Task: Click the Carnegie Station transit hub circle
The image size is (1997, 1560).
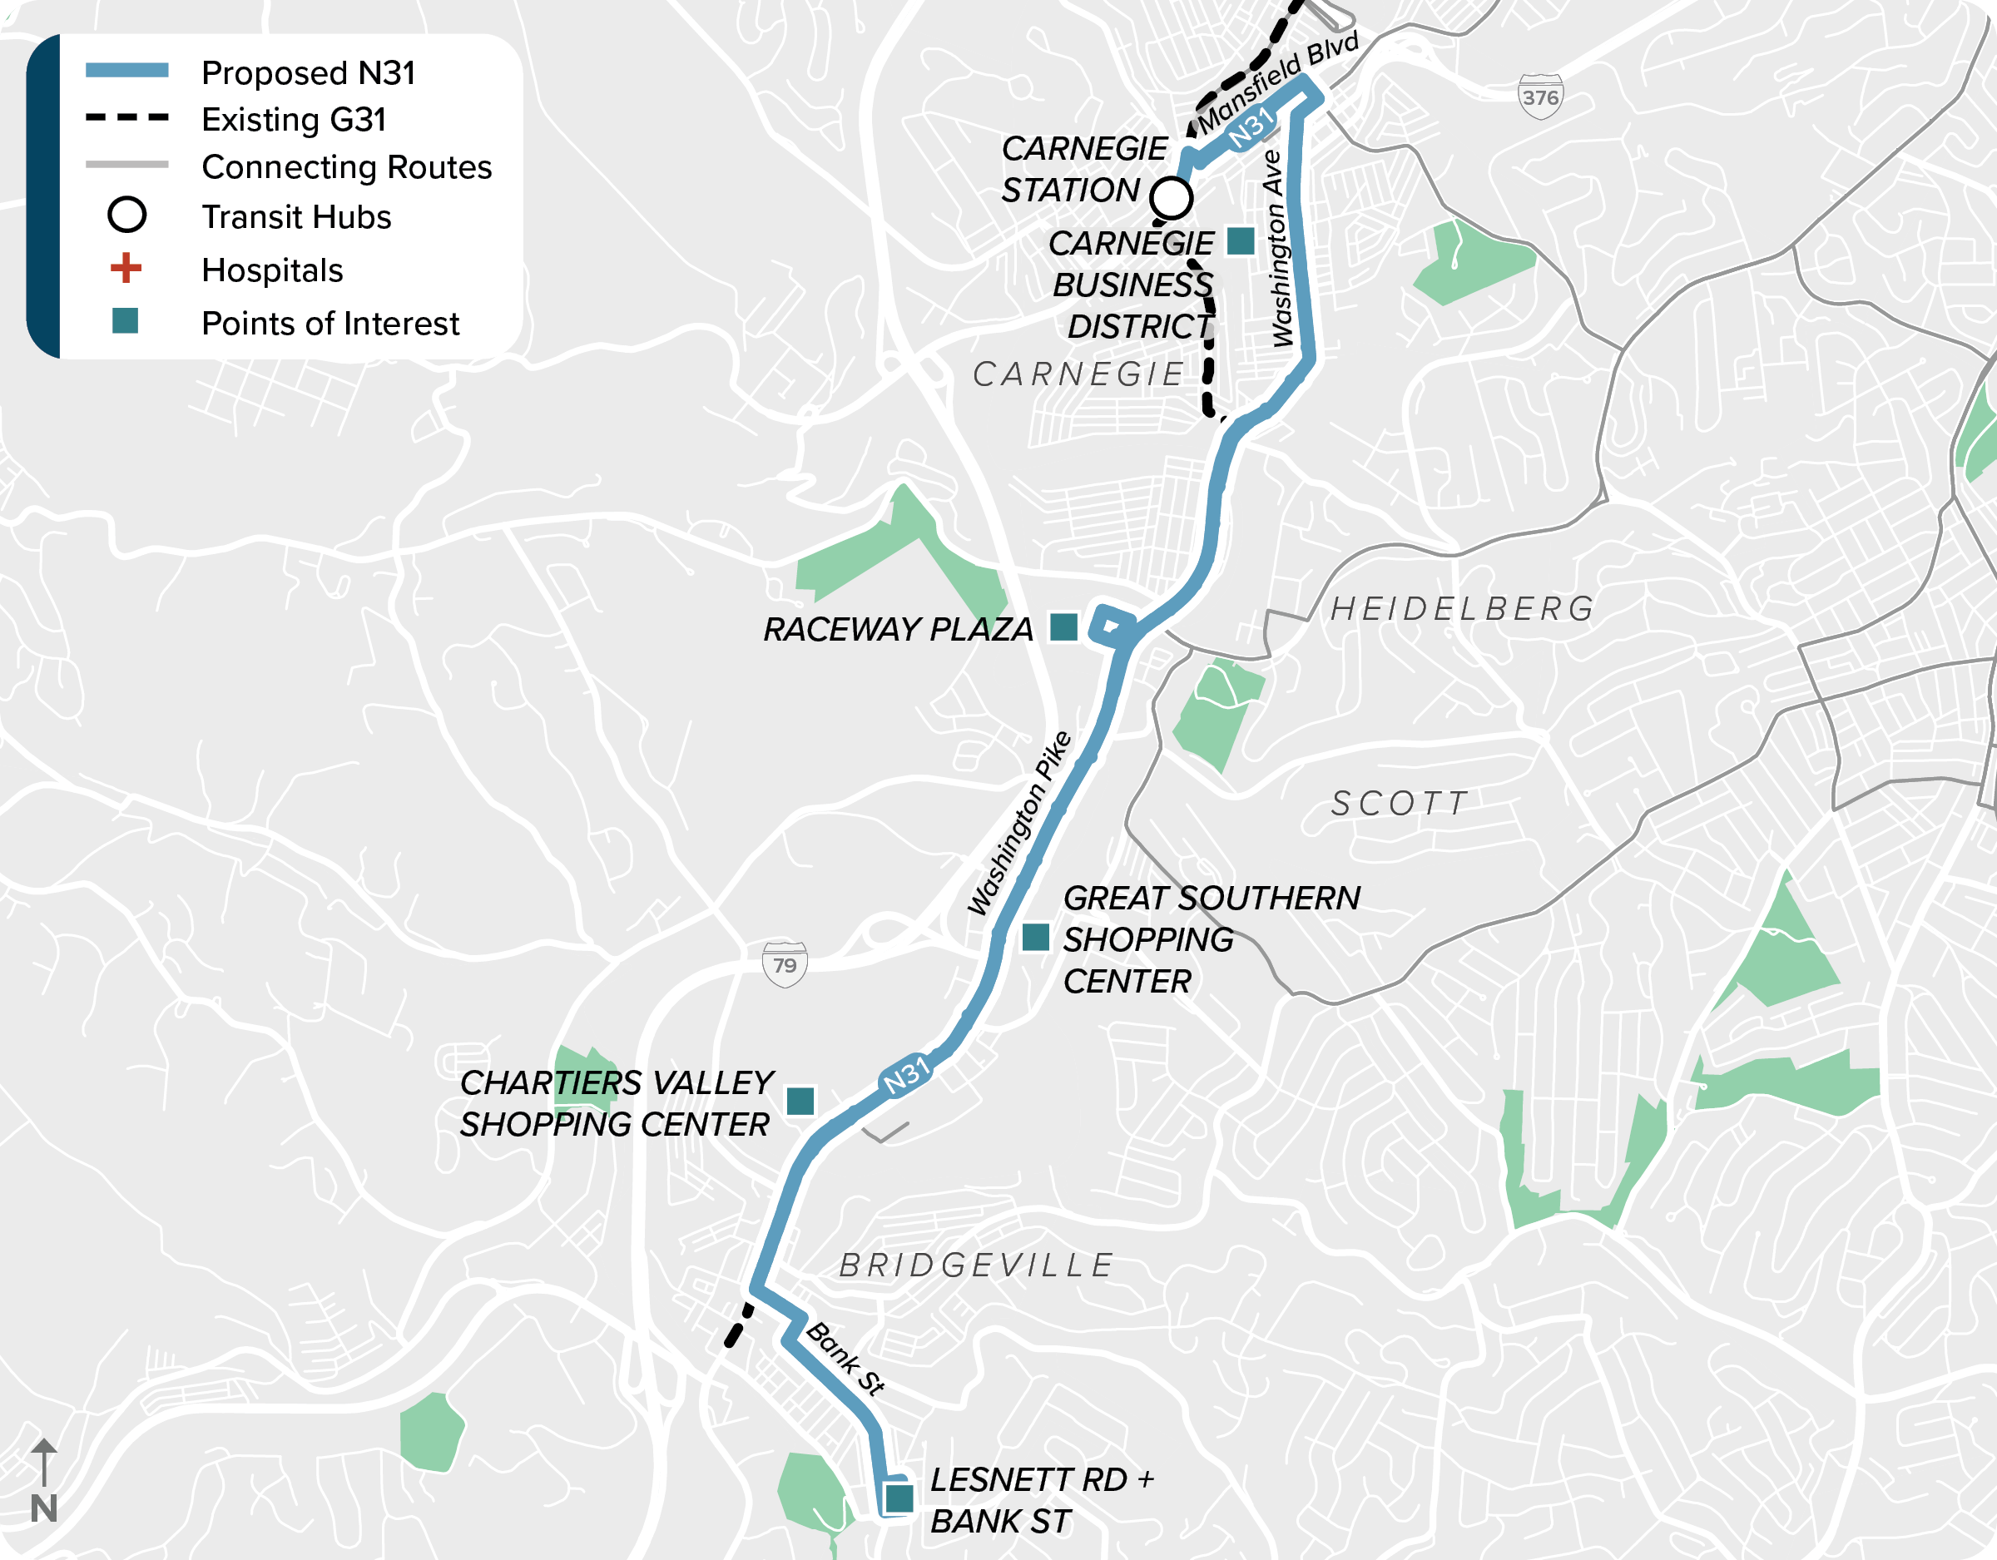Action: pos(1171,197)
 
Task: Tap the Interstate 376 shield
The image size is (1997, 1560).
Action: pos(1541,96)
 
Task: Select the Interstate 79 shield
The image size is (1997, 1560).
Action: pos(785,965)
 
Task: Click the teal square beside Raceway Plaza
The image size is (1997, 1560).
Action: pos(1063,627)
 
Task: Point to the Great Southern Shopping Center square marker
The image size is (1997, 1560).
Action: pos(1035,938)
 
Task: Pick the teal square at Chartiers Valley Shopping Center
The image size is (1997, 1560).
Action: pos(800,1101)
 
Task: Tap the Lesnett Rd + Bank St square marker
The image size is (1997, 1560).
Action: pos(899,1498)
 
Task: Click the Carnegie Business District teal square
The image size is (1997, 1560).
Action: pos(1240,241)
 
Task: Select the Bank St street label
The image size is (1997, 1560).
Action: pos(845,1359)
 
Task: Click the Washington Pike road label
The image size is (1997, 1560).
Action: pos(1018,823)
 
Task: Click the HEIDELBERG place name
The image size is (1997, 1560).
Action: pos(1462,609)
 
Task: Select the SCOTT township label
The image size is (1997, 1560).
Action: pos(1400,804)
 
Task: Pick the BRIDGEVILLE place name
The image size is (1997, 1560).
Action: pos(977,1265)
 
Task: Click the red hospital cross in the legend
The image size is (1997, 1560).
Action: pos(126,268)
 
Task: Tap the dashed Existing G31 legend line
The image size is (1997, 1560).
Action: pos(127,118)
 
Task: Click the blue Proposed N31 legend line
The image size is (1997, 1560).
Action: pos(127,71)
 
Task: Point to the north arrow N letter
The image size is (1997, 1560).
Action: pos(44,1508)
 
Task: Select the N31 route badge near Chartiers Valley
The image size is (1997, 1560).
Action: pos(905,1075)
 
